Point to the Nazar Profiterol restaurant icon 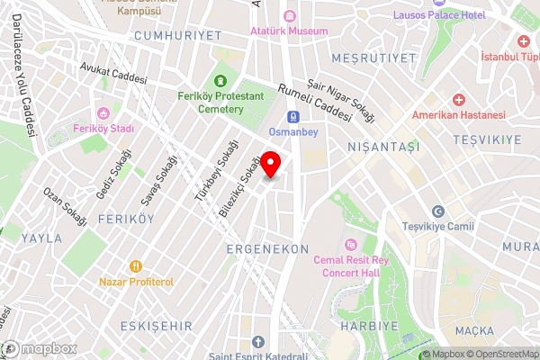(x=136, y=266)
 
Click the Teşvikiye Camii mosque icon (x=437, y=211)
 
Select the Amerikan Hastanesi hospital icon (x=458, y=99)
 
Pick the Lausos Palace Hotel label (x=439, y=15)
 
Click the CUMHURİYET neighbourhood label (x=176, y=34)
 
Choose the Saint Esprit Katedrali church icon (x=258, y=342)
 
